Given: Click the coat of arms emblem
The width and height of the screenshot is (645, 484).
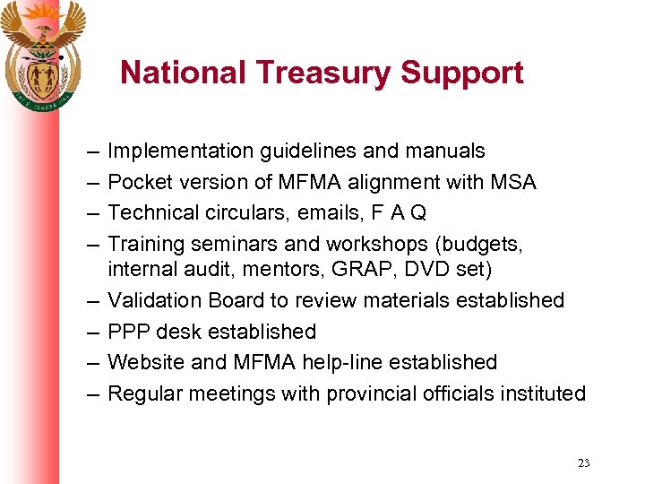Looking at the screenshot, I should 42,54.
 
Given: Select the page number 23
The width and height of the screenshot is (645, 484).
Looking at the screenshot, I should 584,463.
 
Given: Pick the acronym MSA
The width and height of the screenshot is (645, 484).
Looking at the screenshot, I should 512,182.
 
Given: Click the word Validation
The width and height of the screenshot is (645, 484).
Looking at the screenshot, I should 156,300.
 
